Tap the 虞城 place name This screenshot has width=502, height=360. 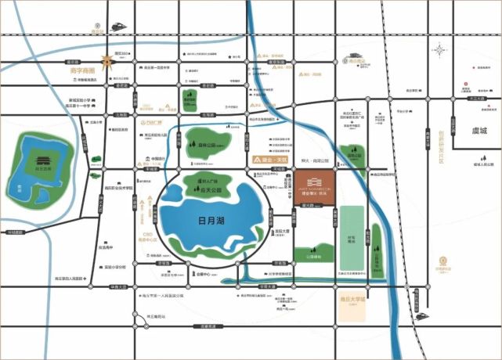[474, 131]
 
